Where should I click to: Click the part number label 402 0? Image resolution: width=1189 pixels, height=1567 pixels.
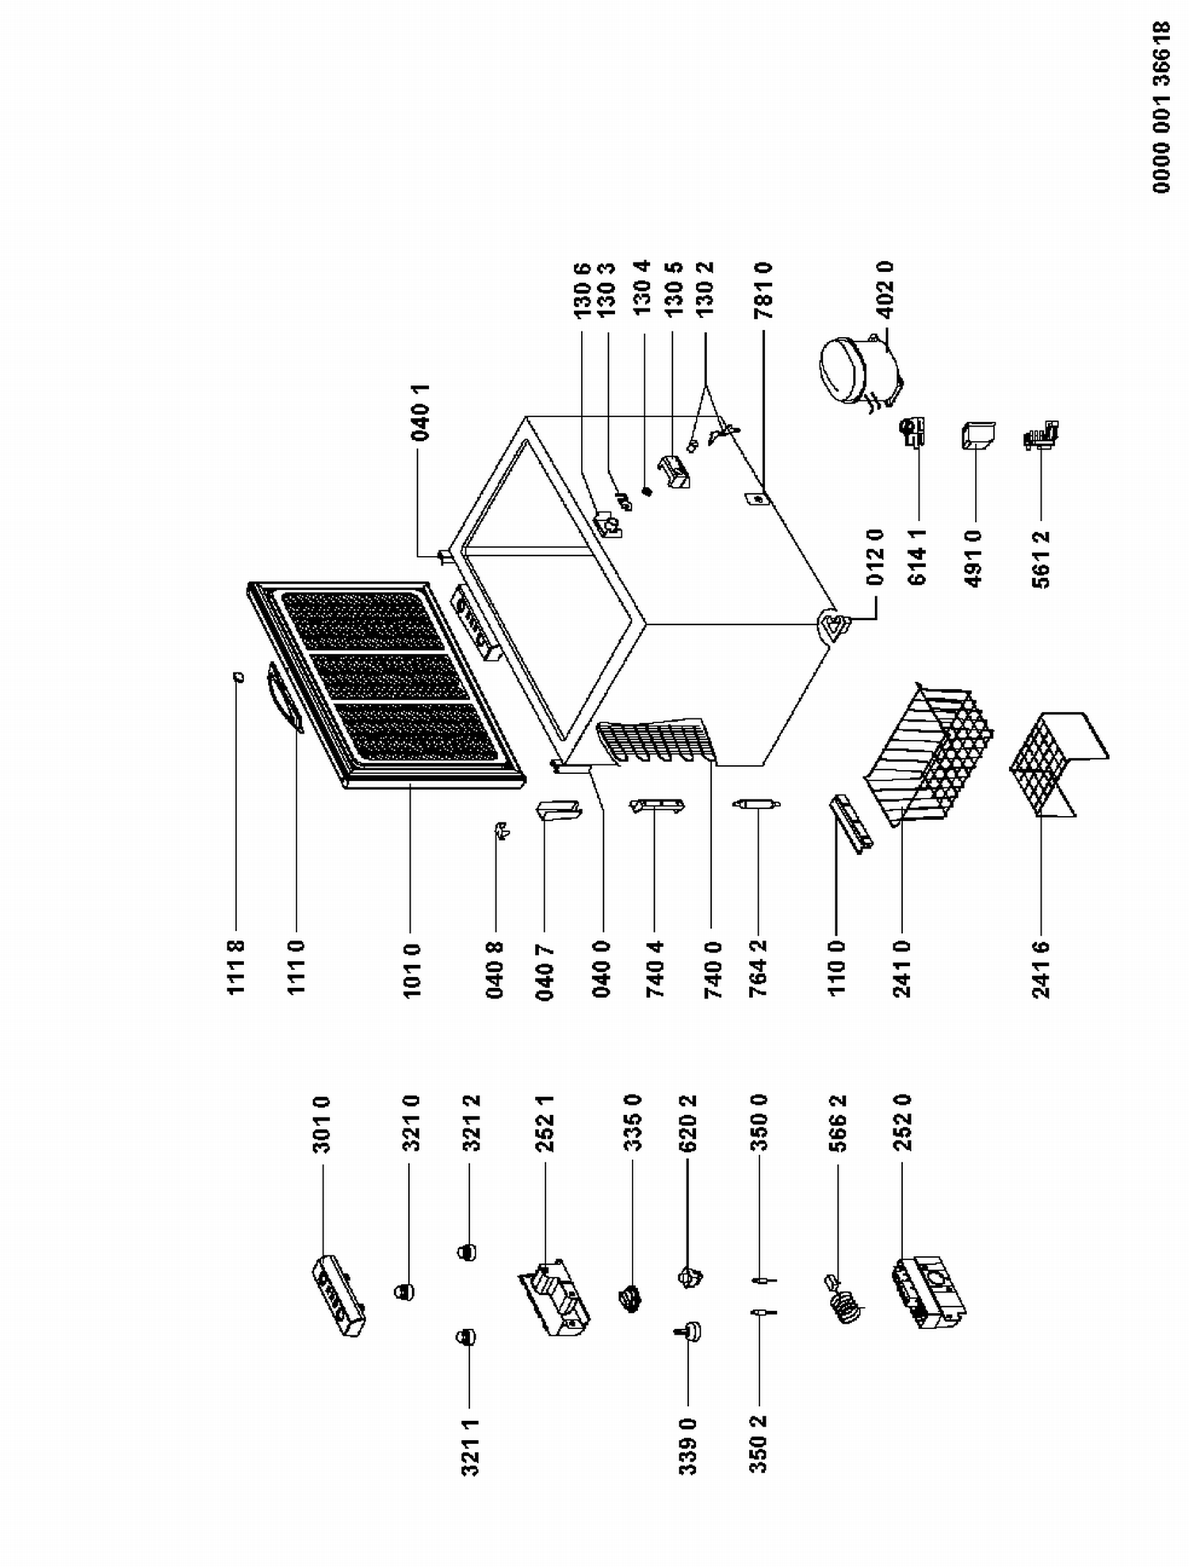885,289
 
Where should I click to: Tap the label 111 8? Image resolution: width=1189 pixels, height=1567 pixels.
235,967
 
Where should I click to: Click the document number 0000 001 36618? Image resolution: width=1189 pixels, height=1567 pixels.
1161,107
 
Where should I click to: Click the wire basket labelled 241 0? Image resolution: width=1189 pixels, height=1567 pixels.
927,753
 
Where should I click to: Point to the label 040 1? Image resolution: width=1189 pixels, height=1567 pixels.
421,412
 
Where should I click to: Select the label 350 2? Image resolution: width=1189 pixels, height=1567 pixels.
759,1447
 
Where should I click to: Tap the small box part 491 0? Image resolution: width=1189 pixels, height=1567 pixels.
977,436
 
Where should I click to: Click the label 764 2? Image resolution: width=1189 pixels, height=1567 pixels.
758,969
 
